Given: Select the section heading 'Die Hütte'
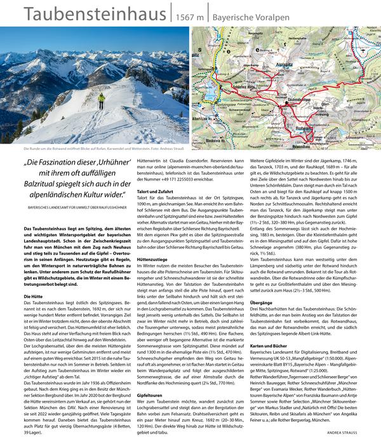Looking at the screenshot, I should (32, 297).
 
